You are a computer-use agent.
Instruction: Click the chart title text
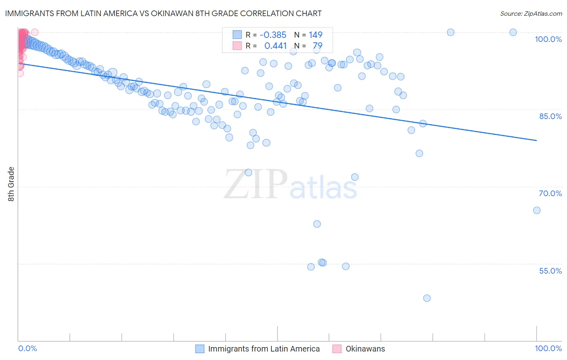pos(163,13)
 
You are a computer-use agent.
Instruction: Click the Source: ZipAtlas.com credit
pos(531,13)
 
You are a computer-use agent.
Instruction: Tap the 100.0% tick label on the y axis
pos(548,39)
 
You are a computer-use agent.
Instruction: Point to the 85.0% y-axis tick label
pos(550,116)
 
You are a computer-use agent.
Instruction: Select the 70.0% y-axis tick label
pos(550,193)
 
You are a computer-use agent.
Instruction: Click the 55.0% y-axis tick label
pos(550,271)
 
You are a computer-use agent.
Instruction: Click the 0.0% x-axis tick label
pos(28,348)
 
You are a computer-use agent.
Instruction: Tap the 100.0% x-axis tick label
pos(548,348)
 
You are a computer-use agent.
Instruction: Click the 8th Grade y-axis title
pos(11,184)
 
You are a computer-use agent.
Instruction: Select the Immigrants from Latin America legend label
pos(264,349)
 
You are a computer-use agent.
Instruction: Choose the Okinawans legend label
pos(365,349)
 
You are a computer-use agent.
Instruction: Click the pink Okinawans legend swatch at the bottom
pos(337,349)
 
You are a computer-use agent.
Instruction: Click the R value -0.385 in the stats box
pos(273,35)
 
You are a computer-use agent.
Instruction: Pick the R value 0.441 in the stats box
pos(275,46)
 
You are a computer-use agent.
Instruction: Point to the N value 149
pos(315,35)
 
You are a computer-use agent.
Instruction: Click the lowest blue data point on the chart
pos(427,298)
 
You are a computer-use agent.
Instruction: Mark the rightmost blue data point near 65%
pos(536,210)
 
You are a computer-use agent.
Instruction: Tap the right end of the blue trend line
pos(536,140)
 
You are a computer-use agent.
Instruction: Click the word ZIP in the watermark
pos(255,184)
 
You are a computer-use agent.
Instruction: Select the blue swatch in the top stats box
pos(237,35)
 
